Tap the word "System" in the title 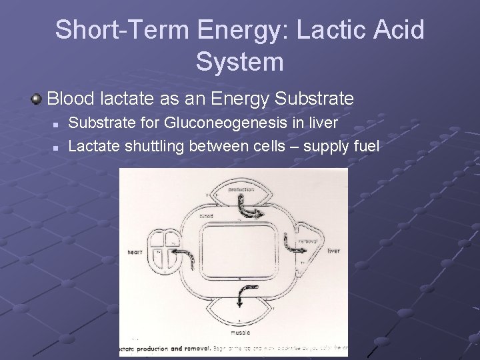240,62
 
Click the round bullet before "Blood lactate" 37,100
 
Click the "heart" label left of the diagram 137,253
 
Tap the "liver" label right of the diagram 333,251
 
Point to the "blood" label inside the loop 206,217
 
